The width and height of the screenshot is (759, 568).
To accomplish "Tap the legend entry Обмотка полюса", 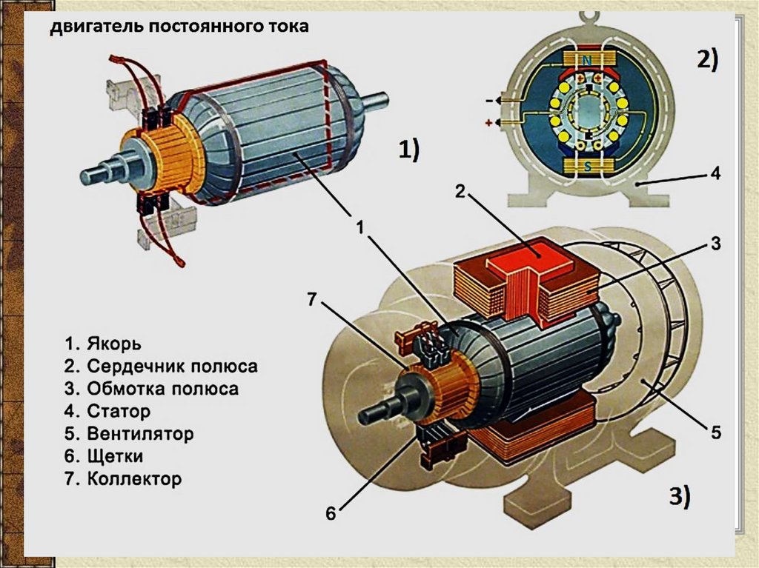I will (162, 389).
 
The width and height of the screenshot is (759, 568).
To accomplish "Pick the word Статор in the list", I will (119, 411).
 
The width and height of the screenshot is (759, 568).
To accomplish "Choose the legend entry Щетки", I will (115, 456).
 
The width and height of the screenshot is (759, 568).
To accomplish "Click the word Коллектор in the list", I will (134, 478).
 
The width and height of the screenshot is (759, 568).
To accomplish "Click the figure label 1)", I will (409, 150).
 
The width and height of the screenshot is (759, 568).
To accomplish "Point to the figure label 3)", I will (676, 496).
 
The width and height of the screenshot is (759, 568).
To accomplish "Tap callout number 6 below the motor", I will (331, 512).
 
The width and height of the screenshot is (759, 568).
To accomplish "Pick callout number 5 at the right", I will (715, 432).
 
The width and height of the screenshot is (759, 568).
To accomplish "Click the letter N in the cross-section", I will (586, 59).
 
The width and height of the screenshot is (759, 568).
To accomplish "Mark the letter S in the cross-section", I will (587, 167).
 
